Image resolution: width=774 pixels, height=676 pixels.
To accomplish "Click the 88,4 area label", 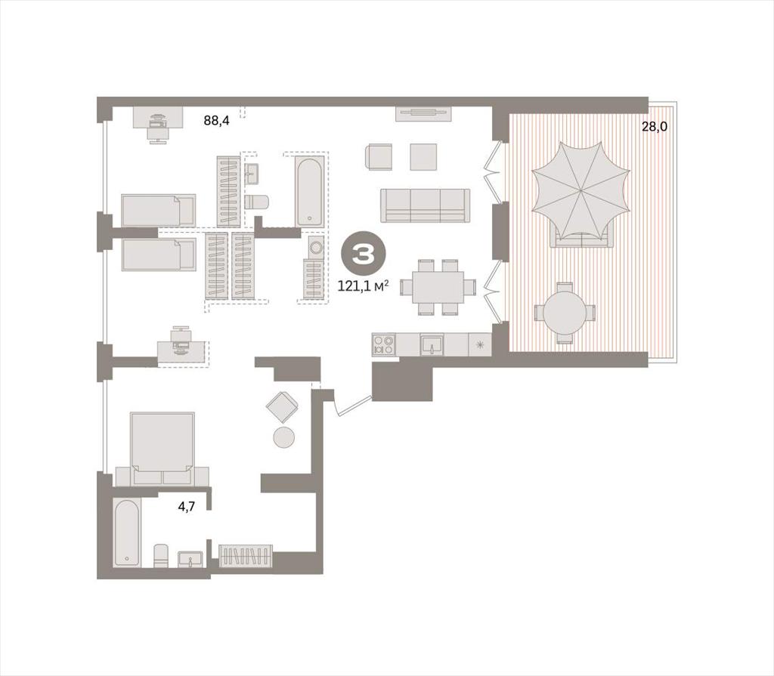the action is [217, 120].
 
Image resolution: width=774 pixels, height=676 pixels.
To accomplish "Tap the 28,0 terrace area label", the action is [654, 126].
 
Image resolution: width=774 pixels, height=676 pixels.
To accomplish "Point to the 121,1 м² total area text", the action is [363, 286].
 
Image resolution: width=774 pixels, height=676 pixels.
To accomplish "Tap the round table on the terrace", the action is [565, 313].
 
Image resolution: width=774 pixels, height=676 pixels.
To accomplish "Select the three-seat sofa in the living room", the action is [425, 205].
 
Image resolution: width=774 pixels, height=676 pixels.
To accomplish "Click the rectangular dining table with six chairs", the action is [438, 287].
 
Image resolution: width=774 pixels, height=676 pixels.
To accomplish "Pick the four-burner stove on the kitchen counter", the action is [383, 344].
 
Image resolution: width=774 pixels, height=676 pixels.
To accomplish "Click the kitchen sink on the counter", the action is [432, 344].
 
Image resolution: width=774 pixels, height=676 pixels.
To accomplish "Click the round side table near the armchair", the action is [284, 438].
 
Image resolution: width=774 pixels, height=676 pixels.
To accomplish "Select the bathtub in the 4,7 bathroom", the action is [127, 533].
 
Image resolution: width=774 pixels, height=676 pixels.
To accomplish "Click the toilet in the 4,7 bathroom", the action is [161, 556].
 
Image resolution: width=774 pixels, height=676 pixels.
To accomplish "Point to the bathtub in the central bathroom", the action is [310, 191].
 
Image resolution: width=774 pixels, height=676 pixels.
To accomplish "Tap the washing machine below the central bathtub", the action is [315, 246].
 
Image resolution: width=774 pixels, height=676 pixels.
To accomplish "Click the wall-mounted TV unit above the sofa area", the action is [424, 114].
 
